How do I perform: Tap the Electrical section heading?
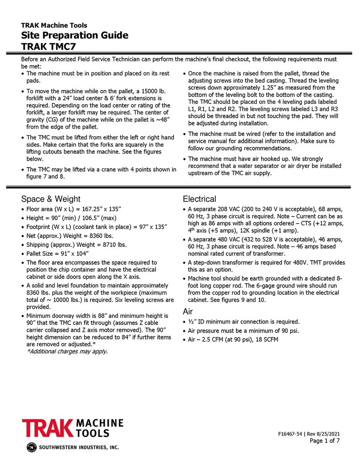pyautogui.click(x=200, y=199)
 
